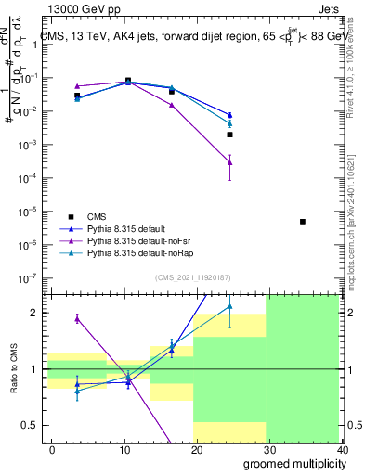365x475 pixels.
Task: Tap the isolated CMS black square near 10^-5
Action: (303, 222)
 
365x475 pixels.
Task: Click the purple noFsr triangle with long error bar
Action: (229, 162)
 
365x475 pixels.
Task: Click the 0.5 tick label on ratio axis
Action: (30, 425)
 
